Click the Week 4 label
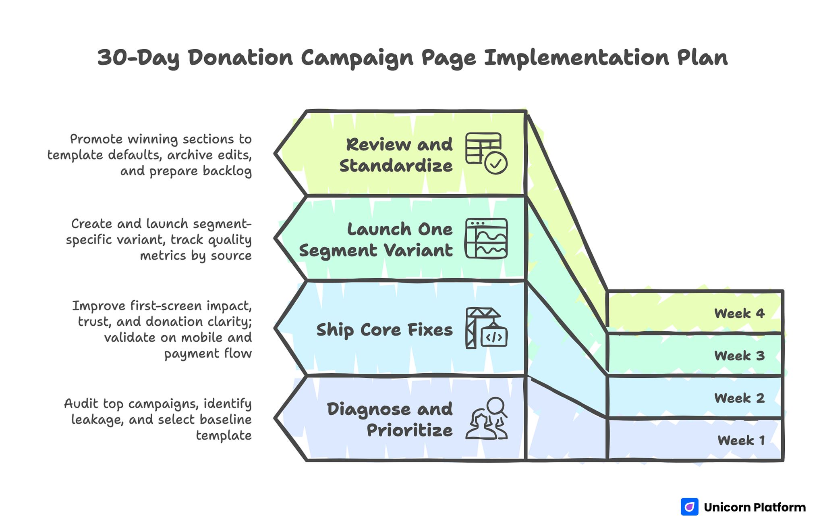(739, 313)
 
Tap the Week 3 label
(739, 356)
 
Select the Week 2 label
(739, 398)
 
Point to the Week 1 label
(741, 440)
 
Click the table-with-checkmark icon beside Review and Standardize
(486, 153)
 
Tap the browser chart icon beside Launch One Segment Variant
(486, 238)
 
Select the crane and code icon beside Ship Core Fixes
(486, 328)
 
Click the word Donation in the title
(240, 58)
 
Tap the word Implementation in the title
(576, 58)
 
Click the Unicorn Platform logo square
(689, 507)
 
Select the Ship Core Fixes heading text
(384, 330)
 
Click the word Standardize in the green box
(396, 166)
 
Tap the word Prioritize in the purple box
(409, 430)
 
